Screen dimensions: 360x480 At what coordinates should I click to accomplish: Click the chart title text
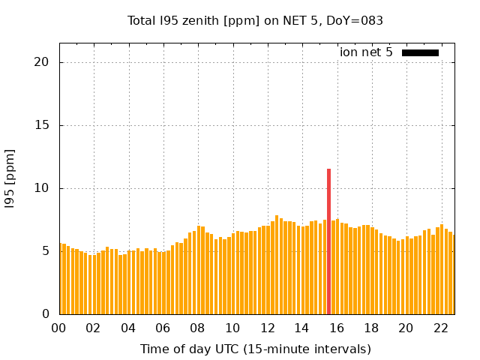[x=256, y=20]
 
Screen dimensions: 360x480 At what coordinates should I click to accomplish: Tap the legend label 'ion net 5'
[x=366, y=52]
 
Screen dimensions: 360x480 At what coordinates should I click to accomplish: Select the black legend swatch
[x=420, y=52]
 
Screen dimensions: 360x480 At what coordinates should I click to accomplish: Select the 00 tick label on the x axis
[x=59, y=328]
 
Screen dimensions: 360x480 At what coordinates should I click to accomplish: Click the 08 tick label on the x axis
[x=198, y=328]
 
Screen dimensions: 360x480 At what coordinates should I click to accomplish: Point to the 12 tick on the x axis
[x=268, y=328]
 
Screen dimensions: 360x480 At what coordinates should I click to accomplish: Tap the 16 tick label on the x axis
[x=337, y=328]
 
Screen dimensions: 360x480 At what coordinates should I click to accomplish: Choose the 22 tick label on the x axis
[x=441, y=328]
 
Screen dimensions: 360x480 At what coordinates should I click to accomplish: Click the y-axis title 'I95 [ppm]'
[x=10, y=188]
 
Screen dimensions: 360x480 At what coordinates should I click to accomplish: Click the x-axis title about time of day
[x=256, y=349]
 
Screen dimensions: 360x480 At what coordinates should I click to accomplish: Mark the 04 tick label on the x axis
[x=129, y=328]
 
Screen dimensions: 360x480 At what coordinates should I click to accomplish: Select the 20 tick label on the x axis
[x=406, y=328]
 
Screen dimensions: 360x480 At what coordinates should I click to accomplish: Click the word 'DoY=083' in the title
[x=357, y=20]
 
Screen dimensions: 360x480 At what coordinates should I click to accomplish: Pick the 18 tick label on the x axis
[x=371, y=328]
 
